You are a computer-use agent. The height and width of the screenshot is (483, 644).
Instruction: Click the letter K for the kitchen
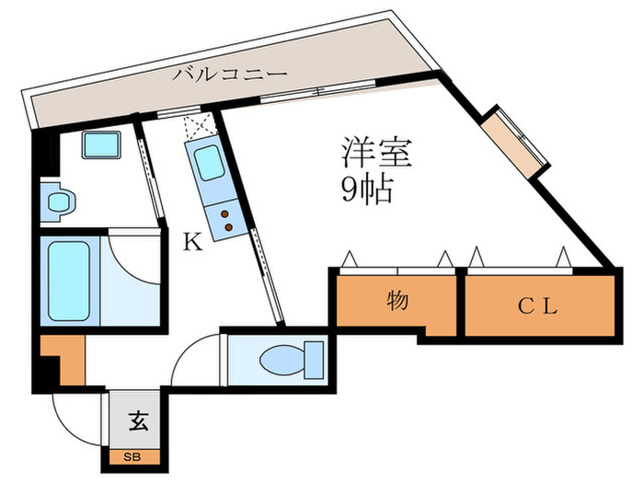pos(191,243)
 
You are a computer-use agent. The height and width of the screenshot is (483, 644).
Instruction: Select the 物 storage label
pos(397,301)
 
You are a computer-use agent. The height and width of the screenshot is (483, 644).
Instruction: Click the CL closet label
pos(537,306)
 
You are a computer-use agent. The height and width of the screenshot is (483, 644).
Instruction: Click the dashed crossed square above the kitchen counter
pos(199,127)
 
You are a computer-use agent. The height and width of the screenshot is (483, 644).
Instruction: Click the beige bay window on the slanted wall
pos(514,143)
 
